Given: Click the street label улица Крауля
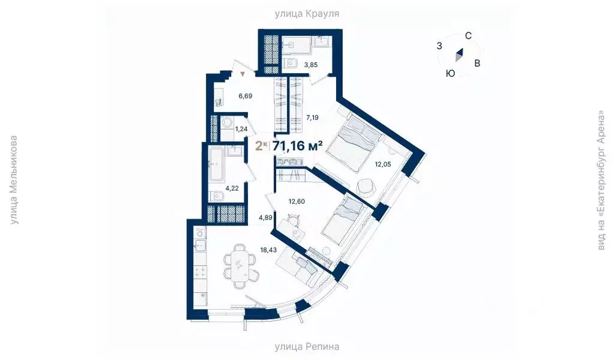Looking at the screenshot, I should pyautogui.click(x=307, y=13).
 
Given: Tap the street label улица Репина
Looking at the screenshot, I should pyautogui.click(x=307, y=347).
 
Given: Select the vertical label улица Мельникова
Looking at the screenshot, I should pyautogui.click(x=14, y=180).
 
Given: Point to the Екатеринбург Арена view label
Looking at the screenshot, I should pyautogui.click(x=600, y=180).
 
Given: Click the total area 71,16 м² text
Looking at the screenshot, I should pyautogui.click(x=298, y=146).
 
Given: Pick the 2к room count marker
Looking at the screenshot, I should pyautogui.click(x=261, y=146).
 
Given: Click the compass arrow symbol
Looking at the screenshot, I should pyautogui.click(x=459, y=55).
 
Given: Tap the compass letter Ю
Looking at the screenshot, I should pyautogui.click(x=450, y=73).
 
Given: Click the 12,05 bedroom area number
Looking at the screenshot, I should pyautogui.click(x=383, y=163).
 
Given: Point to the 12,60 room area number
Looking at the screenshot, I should pyautogui.click(x=296, y=201).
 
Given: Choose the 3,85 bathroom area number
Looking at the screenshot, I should pyautogui.click(x=310, y=64).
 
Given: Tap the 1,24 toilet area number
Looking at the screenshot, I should pyautogui.click(x=242, y=128).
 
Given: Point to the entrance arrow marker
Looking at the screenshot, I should pyautogui.click(x=243, y=74).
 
